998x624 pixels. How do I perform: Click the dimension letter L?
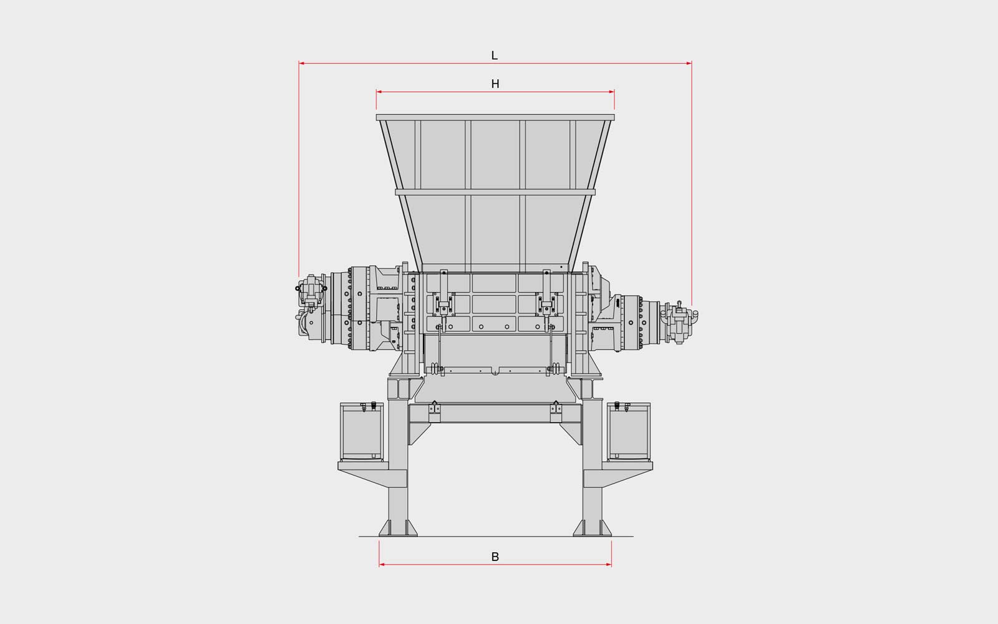(x=494, y=56)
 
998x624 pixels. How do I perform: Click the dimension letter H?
(x=495, y=84)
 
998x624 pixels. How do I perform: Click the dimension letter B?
(x=495, y=557)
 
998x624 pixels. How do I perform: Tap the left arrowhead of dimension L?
(x=302, y=63)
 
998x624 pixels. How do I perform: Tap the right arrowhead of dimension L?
(x=689, y=63)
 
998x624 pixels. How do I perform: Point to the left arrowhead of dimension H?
(x=379, y=92)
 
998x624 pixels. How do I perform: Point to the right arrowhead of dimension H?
(x=611, y=92)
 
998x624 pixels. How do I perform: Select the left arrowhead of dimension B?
(x=382, y=565)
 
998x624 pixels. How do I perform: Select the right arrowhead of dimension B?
(x=609, y=565)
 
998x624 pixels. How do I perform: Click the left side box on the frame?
(x=361, y=431)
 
